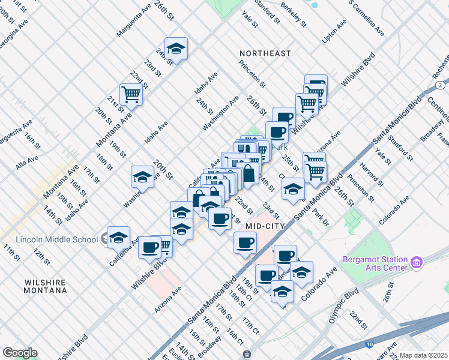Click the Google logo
point(20,353)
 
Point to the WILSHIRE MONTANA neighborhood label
point(46,286)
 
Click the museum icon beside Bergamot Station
point(417,262)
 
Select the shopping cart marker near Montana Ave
point(131,94)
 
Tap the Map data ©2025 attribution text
point(423,355)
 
